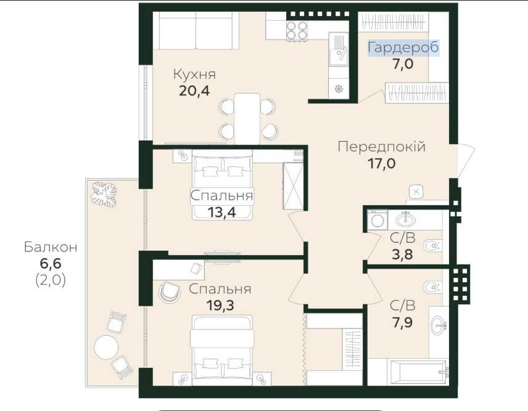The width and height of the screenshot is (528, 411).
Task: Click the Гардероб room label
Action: [x=403, y=47]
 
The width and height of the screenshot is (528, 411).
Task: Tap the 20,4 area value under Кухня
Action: [x=194, y=91]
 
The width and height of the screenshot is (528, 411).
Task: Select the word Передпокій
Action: [x=382, y=147]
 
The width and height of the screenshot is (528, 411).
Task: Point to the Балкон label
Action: [x=51, y=247]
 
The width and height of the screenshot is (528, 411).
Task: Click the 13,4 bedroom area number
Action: [x=221, y=212]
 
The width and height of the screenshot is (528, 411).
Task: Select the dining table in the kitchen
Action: [x=247, y=118]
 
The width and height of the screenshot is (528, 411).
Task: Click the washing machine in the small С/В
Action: [x=377, y=221]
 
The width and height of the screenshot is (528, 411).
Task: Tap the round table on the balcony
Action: [x=107, y=348]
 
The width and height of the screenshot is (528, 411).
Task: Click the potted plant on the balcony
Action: [x=104, y=194]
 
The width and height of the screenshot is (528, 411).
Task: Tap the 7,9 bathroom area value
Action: [x=402, y=322]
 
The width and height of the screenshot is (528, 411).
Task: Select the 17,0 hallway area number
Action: [x=382, y=164]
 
